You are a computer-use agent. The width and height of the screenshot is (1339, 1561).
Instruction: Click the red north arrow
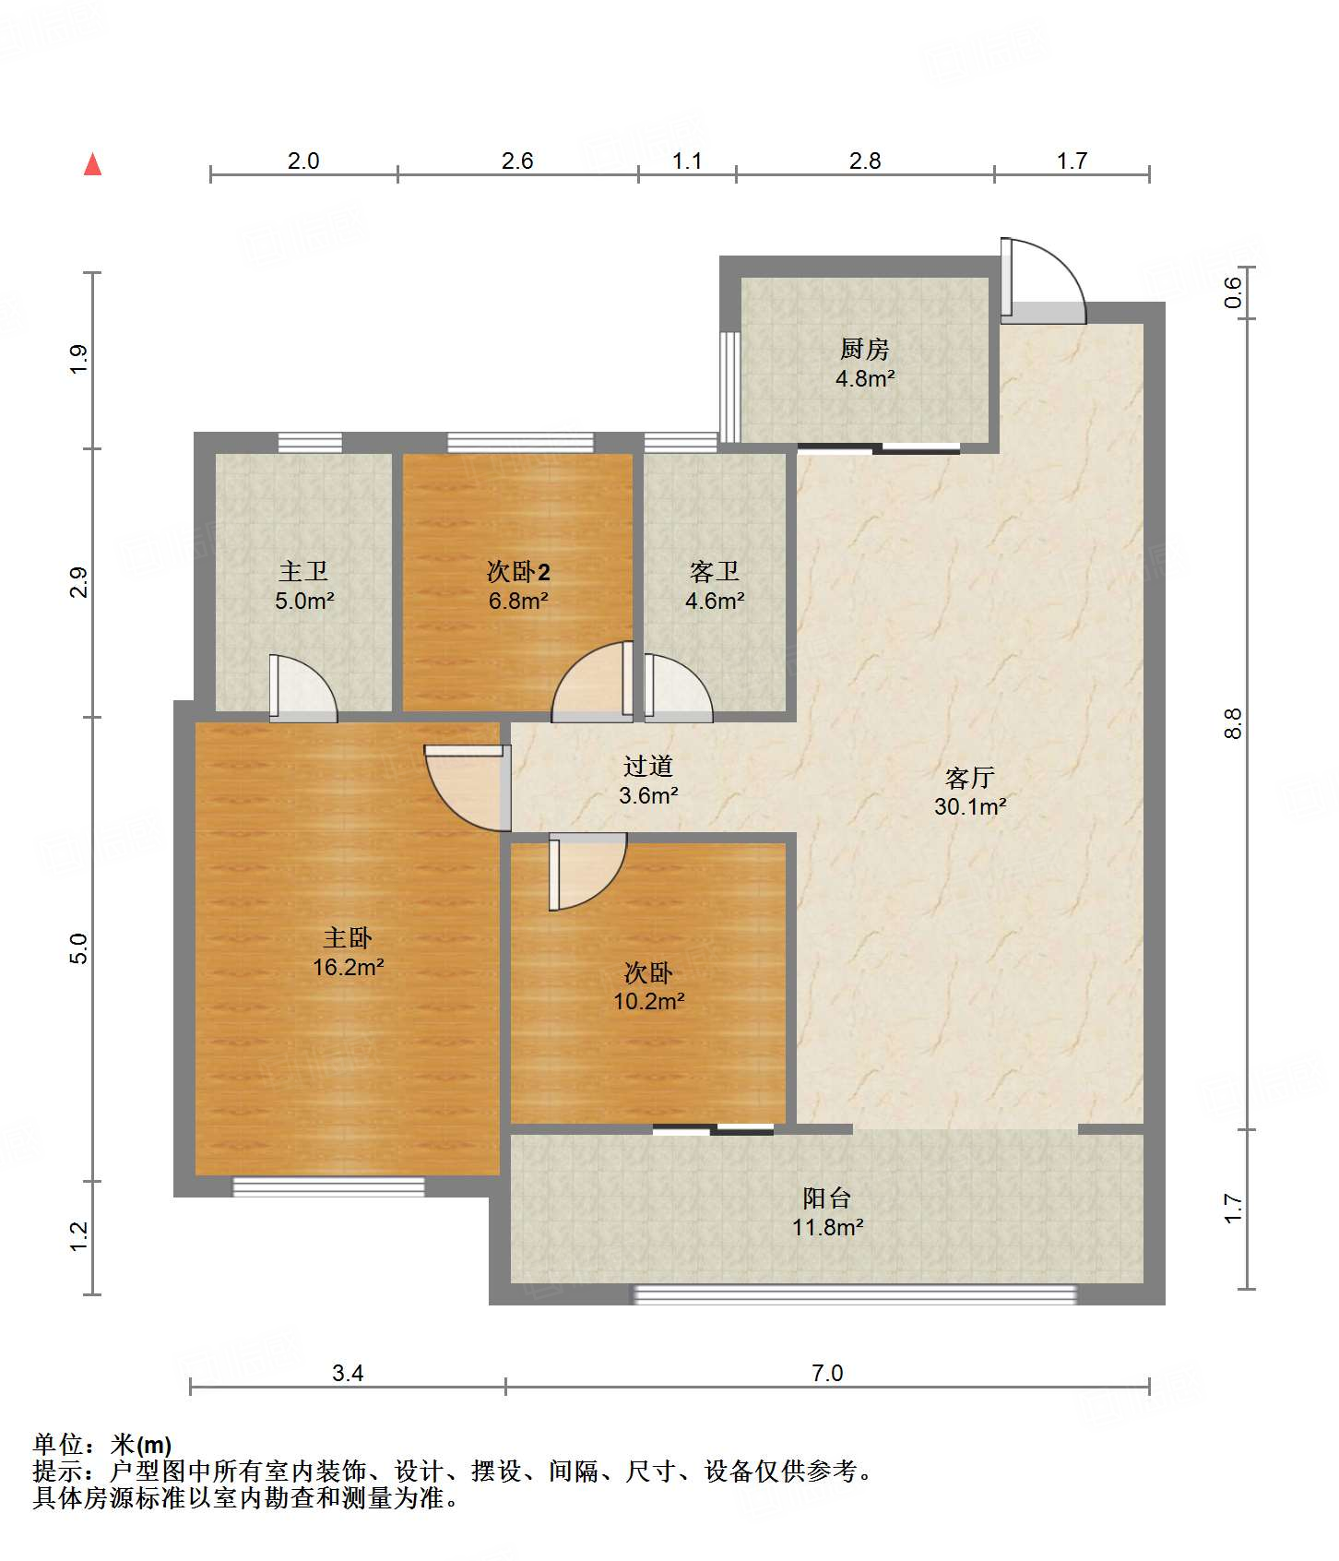tap(92, 164)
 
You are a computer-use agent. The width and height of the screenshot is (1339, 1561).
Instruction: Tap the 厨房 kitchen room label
tap(864, 349)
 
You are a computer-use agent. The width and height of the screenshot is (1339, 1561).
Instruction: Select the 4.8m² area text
tap(865, 378)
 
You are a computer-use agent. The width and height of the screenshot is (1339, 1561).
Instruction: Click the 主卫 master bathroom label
tap(303, 572)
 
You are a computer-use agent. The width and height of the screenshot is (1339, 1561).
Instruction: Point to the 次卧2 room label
tap(518, 572)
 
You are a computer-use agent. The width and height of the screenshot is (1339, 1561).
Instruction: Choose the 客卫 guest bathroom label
tap(715, 572)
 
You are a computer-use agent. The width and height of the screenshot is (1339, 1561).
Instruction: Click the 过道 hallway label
tap(648, 766)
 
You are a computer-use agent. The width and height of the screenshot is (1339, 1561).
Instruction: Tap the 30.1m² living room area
tap(970, 806)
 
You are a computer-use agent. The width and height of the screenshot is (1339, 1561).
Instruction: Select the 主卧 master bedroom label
tap(348, 938)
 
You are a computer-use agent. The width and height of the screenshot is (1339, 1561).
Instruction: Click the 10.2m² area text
tap(649, 1001)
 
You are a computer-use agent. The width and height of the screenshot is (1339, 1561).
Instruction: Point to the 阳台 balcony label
tap(827, 1198)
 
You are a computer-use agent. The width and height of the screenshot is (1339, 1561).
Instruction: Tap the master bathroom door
tap(303, 688)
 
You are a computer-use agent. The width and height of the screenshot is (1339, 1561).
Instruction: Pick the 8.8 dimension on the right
tap(1234, 722)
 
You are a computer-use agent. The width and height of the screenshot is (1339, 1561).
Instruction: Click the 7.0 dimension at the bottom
tap(827, 1373)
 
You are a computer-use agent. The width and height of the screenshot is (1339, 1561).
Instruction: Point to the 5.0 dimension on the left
tap(79, 949)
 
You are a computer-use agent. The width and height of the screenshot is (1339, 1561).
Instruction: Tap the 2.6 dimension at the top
tap(517, 161)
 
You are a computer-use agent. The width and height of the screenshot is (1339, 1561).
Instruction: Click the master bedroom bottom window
tap(328, 1186)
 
